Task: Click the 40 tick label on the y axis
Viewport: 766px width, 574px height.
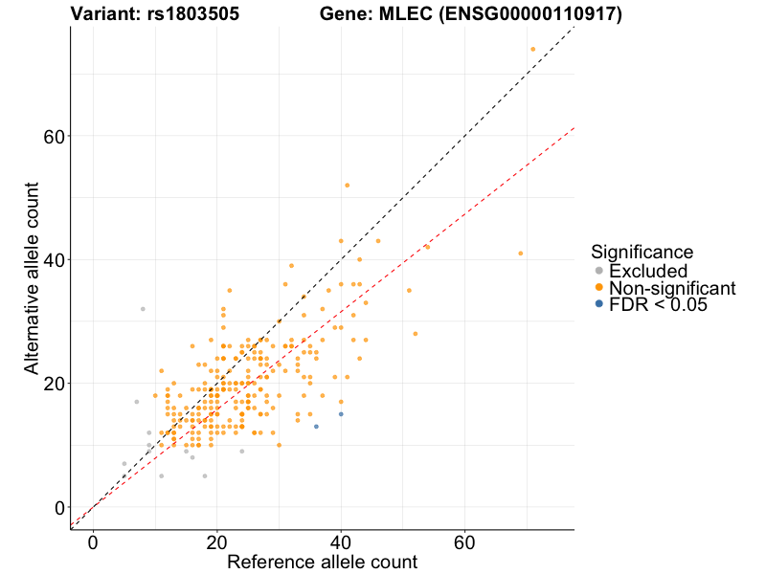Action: tap(55, 259)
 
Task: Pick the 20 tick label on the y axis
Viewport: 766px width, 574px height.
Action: tap(55, 383)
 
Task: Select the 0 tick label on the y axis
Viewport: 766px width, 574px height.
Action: tap(60, 507)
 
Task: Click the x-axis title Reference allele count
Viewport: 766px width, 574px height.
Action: tap(322, 562)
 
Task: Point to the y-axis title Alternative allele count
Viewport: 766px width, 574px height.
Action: tap(32, 277)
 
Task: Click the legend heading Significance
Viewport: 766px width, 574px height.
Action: tap(642, 252)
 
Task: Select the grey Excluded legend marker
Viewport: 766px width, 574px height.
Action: tap(599, 272)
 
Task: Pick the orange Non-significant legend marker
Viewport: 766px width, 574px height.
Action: tap(599, 288)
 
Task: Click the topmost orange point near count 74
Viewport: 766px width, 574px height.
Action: tap(533, 49)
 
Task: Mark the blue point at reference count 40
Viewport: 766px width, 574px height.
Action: tap(341, 414)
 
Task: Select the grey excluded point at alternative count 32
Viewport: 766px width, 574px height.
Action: tap(143, 309)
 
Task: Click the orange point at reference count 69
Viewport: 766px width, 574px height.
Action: tap(521, 254)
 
